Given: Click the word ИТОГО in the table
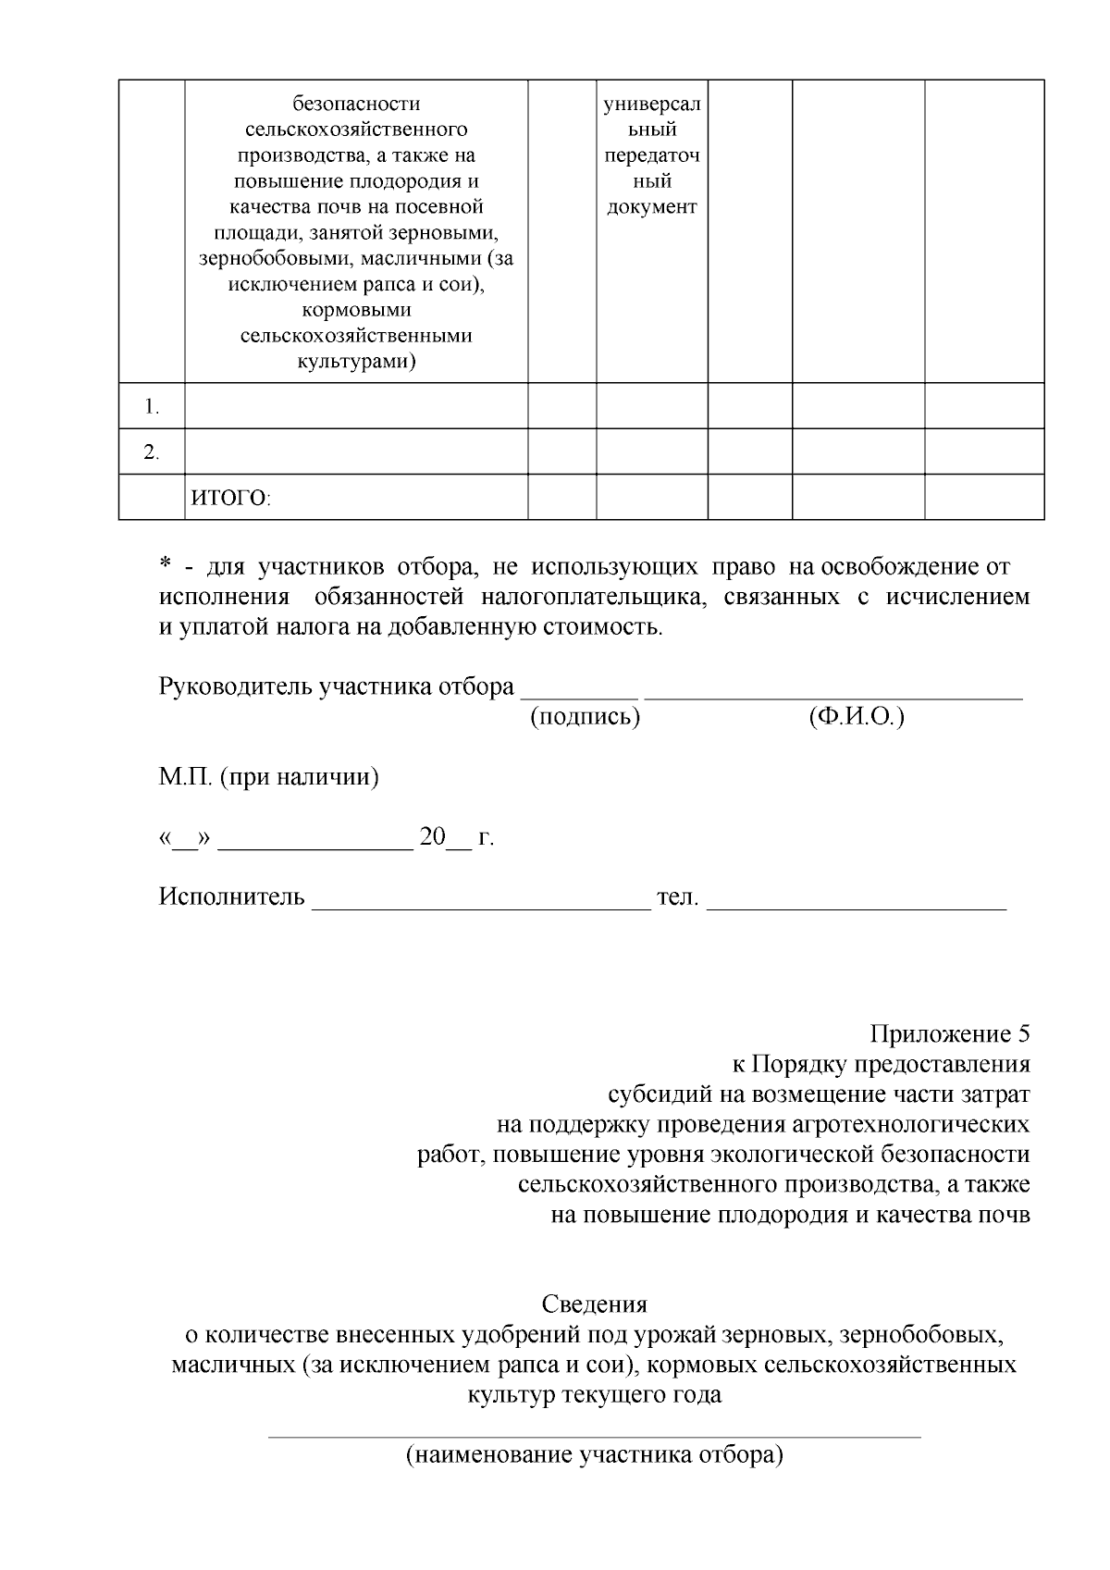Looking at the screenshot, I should pos(228,500).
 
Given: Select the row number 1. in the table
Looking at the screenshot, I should pos(152,407).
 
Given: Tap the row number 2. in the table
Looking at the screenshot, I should pos(152,453).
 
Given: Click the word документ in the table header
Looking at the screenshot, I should pos(651,207).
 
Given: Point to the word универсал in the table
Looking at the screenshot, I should pos(651,105).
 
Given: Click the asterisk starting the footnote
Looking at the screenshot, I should pos(166,565).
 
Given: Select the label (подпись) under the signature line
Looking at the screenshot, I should pos(585,717).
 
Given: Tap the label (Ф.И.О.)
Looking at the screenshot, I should pos(856,717).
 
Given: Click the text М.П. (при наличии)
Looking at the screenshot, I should pos(268,777).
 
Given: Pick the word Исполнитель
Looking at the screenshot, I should pos(231,896).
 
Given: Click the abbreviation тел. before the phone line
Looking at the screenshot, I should pos(677,896).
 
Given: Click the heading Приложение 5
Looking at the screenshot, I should pos(949,1033).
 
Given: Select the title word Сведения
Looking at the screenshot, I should pos(594,1304).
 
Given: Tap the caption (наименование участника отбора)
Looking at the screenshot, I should pos(594,1455).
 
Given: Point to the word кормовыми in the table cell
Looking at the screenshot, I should pos(356,310).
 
